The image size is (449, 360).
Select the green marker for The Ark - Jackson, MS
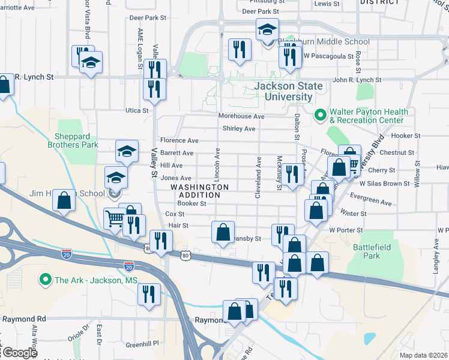pos(44,280)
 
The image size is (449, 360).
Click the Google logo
pos(19,352)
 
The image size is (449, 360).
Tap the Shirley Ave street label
pos(239,128)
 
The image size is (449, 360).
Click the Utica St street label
pos(136,110)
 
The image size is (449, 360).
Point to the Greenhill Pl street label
pos(142,344)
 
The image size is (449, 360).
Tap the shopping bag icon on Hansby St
pos(223,232)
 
